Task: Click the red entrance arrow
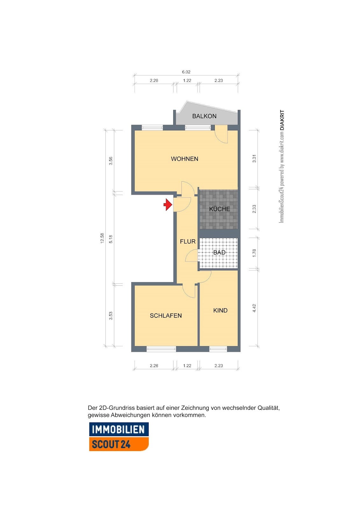(x=168, y=205)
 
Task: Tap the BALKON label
(x=204, y=116)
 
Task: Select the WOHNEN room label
(x=184, y=159)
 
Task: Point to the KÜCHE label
(x=219, y=209)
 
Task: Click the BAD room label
(x=219, y=253)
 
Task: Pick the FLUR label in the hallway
(x=187, y=241)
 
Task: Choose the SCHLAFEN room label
(x=166, y=316)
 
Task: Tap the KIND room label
(x=220, y=310)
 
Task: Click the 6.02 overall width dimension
(x=186, y=72)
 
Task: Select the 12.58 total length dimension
(x=102, y=238)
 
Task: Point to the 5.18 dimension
(x=111, y=239)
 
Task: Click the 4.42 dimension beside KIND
(x=254, y=308)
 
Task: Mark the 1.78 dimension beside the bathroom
(x=254, y=253)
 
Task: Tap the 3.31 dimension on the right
(x=254, y=158)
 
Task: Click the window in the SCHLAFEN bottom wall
(x=161, y=349)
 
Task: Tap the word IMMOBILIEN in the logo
(x=118, y=429)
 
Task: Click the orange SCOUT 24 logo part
(x=119, y=444)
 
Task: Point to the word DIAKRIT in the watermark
(x=282, y=120)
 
